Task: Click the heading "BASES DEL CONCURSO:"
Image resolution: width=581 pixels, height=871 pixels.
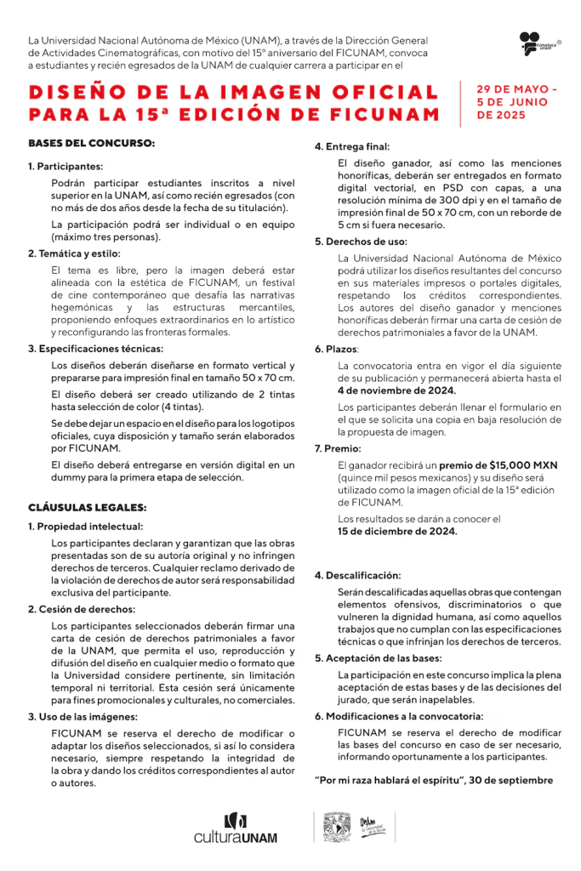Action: pyautogui.click(x=91, y=143)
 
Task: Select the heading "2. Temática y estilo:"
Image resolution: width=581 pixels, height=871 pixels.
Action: pyautogui.click(x=74, y=253)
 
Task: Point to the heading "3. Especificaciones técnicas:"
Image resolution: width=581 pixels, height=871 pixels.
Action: pyautogui.click(x=95, y=349)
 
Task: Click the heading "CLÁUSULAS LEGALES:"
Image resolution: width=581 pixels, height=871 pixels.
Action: pyautogui.click(x=88, y=507)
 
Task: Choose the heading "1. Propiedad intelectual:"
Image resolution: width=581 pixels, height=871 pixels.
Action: pyautogui.click(x=85, y=527)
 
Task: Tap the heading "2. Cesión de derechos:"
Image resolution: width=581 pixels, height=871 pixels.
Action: pyautogui.click(x=81, y=609)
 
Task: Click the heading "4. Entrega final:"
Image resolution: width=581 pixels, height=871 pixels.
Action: pyautogui.click(x=352, y=146)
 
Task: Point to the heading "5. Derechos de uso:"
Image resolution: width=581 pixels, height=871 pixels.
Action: pyautogui.click(x=361, y=241)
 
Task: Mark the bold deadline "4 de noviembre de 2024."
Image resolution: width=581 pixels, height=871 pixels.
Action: pyautogui.click(x=396, y=390)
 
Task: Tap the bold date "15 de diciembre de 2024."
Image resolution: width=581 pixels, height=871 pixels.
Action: pyautogui.click(x=397, y=532)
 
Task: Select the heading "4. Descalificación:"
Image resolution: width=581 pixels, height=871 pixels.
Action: pyautogui.click(x=357, y=576)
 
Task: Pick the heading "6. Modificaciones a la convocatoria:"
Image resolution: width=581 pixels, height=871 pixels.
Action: pyautogui.click(x=399, y=716)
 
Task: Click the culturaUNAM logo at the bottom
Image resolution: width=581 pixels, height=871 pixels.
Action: pyautogui.click(x=236, y=829)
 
